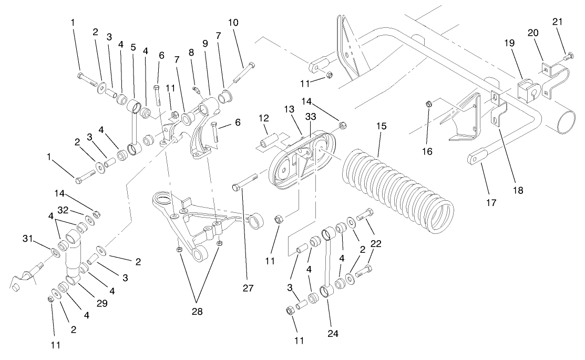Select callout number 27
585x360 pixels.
(248, 289)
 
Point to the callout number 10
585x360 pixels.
(233, 23)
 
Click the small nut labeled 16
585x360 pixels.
(429, 105)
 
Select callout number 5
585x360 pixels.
(133, 47)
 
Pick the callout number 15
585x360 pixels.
(382, 127)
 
